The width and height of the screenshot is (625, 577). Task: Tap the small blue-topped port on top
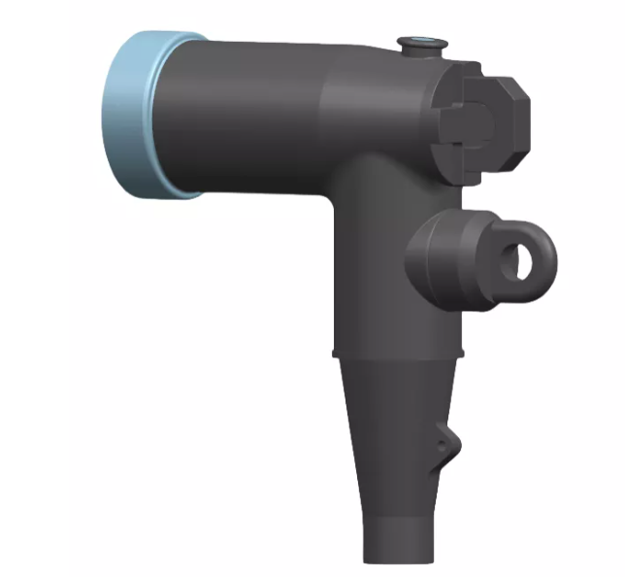click(x=420, y=42)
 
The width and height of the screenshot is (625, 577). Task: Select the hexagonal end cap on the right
click(x=495, y=121)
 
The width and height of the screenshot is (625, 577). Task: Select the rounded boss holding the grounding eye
click(x=437, y=257)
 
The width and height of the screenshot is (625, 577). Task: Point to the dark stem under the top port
click(x=421, y=53)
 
